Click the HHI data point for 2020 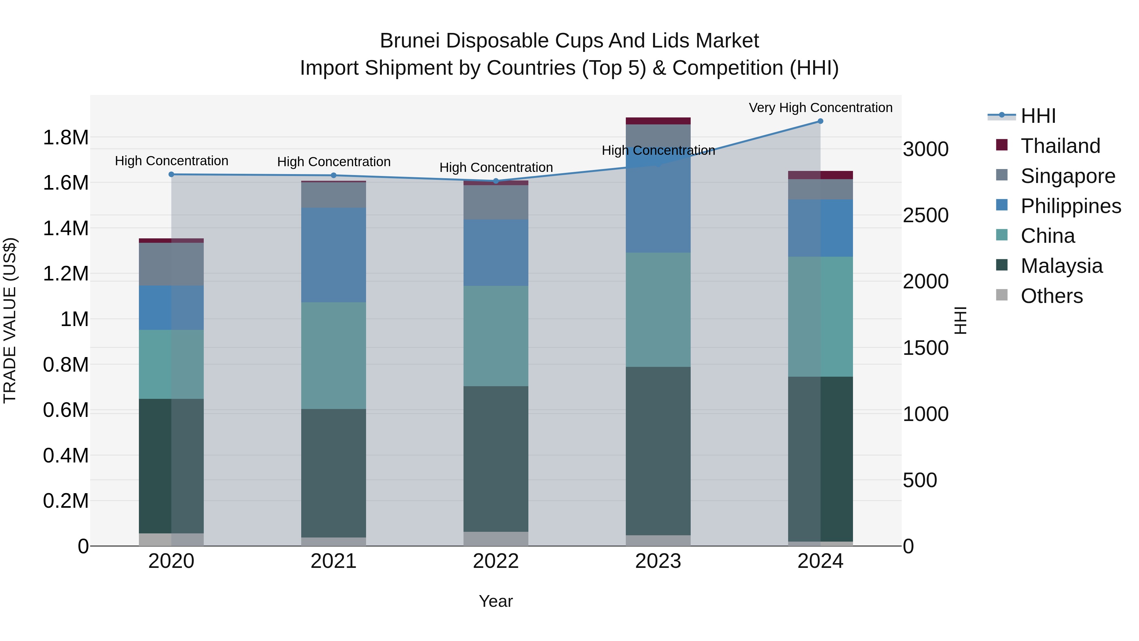pos(171,174)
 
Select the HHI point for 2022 pos(496,181)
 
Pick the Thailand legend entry pos(1060,146)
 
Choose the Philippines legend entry pos(1070,206)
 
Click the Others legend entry pos(1051,296)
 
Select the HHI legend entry pos(1038,116)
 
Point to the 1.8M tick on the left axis pos(65,138)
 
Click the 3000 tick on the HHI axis pos(925,149)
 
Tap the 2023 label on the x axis pos(658,561)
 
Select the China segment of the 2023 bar pos(658,310)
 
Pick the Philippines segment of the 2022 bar pos(496,253)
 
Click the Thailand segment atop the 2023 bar pos(658,121)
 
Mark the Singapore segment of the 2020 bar pos(171,264)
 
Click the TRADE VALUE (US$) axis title pos(10,320)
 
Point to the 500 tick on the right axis pos(920,481)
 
